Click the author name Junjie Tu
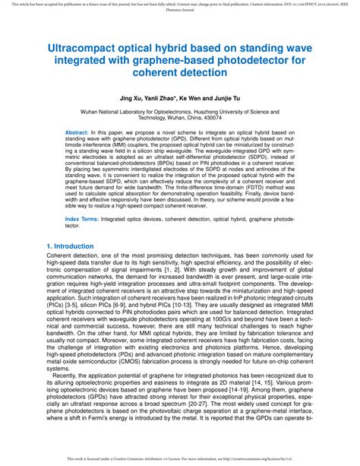click(250, 99)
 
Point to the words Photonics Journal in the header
click(179, 11)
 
